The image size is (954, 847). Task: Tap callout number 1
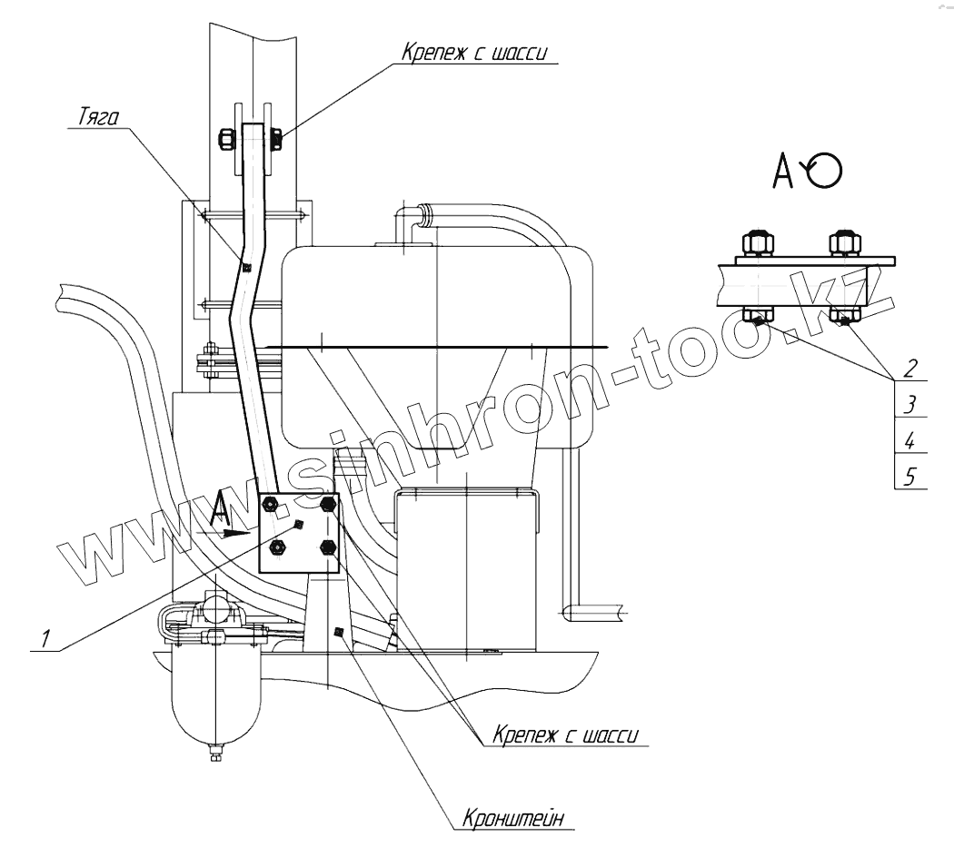pos(45,638)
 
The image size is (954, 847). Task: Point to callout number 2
pos(909,368)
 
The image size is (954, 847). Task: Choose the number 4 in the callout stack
pos(909,441)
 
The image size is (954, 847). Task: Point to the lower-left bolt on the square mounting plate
pos(279,547)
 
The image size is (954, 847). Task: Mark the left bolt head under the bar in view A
pos(757,318)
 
